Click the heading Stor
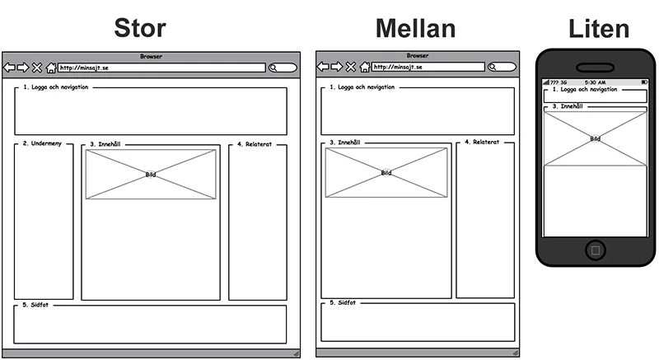click(x=140, y=28)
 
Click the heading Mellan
click(x=415, y=29)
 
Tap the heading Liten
click(x=599, y=29)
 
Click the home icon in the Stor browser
click(x=51, y=68)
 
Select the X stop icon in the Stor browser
click(x=37, y=68)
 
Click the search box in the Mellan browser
click(x=502, y=67)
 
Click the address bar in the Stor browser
click(x=161, y=68)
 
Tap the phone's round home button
click(x=596, y=250)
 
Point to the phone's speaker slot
click(x=595, y=68)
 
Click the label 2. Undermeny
click(x=42, y=143)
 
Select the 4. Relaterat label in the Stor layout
click(x=255, y=144)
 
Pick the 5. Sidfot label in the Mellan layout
click(x=343, y=302)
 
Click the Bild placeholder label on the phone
click(x=595, y=138)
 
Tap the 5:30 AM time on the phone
click(x=595, y=82)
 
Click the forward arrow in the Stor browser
click(x=23, y=68)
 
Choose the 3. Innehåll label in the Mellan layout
click(x=345, y=143)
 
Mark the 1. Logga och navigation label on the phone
click(x=585, y=90)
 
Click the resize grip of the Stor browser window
click(x=297, y=353)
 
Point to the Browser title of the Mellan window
click(x=418, y=55)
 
